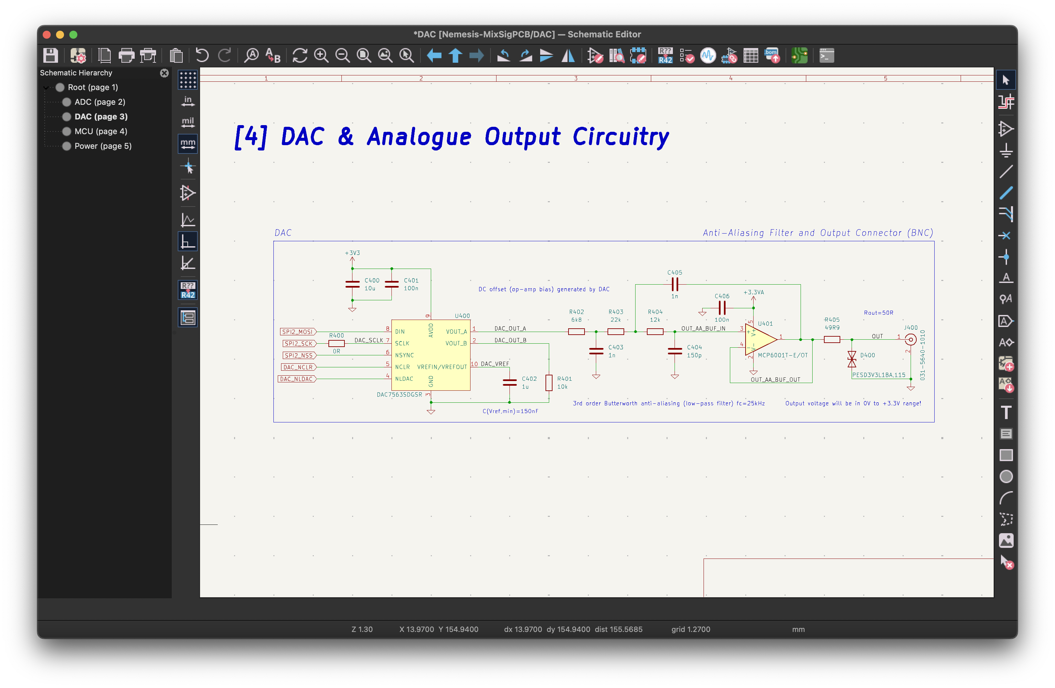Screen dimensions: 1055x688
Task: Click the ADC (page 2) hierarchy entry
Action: [100, 102]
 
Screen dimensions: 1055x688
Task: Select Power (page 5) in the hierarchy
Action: [103, 146]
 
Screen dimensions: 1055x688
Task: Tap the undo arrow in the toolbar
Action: [202, 55]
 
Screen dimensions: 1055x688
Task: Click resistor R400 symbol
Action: [336, 343]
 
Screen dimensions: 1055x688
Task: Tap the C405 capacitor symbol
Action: [675, 284]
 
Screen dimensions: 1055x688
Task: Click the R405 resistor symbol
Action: [832, 340]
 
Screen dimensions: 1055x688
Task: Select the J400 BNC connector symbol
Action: [911, 340]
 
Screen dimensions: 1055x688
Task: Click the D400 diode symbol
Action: [852, 359]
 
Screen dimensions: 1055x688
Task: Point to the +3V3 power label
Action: [352, 253]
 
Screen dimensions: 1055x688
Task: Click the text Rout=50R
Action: [879, 313]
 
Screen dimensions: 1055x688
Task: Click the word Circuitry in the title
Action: [621, 136]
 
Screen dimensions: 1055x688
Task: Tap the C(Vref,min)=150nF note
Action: [510, 411]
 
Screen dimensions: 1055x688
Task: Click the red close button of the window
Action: [47, 35]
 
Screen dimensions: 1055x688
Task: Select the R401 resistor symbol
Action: [549, 383]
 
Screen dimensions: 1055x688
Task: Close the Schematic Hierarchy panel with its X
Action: [164, 73]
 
